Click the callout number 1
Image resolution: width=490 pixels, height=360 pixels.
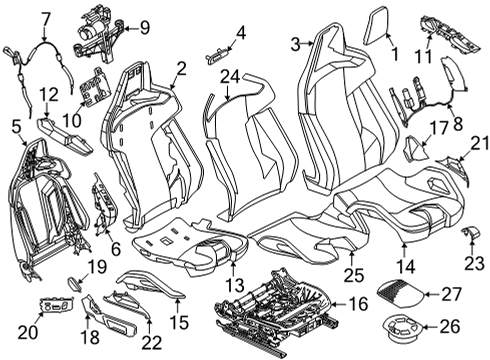pos(393,56)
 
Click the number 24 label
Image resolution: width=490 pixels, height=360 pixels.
pos(231,76)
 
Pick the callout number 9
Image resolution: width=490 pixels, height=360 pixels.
pos(145,26)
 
